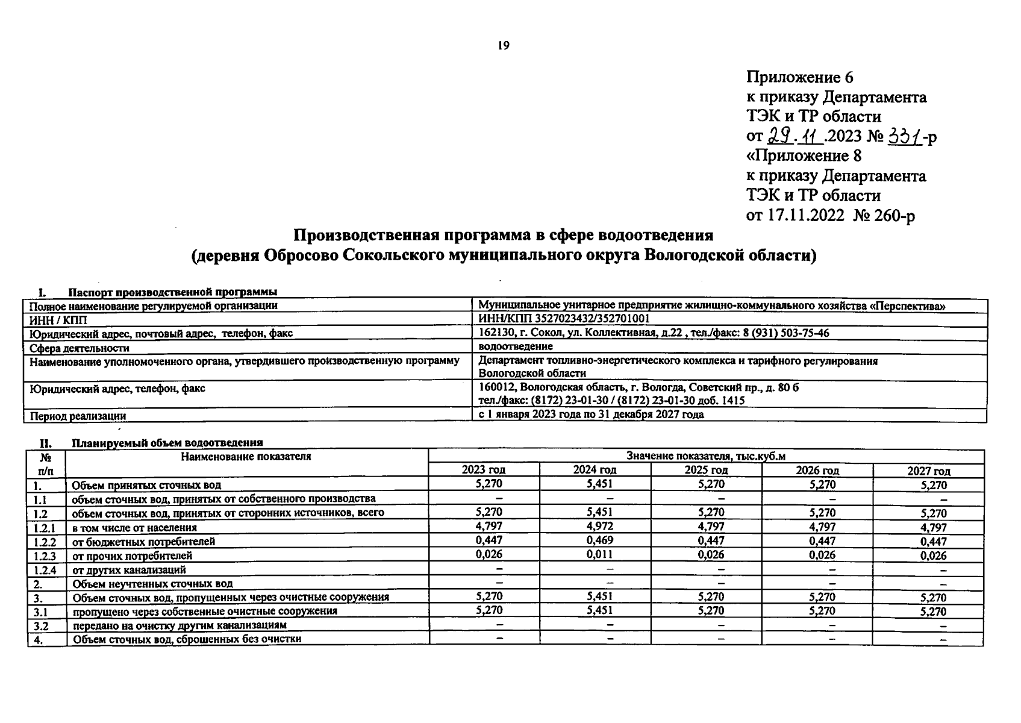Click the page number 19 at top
click(504, 46)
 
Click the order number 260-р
click(893, 215)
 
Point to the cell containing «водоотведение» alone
click(515, 346)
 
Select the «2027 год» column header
click(928, 471)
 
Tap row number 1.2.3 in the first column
click(45, 556)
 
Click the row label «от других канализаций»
click(129, 569)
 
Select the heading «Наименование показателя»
click(246, 457)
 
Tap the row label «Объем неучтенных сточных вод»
click(152, 583)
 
